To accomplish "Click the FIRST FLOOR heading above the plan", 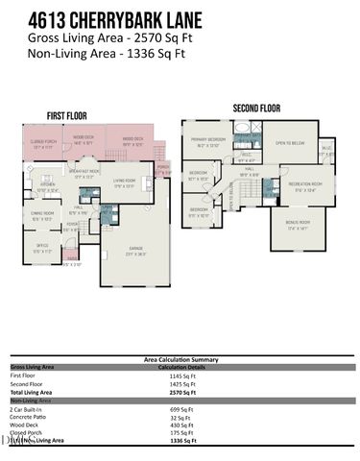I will pos(68,116).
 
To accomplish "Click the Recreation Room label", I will pos(307,186).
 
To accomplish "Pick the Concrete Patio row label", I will pos(30,418).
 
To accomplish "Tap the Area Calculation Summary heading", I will pos(180,358).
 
